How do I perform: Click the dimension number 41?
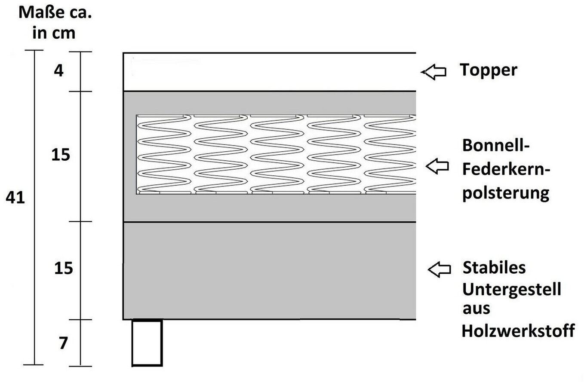click(15, 197)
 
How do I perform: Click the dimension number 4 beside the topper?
click(58, 70)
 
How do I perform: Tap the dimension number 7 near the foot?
click(63, 343)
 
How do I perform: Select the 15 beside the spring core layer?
click(61, 155)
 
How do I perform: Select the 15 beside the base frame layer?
click(64, 268)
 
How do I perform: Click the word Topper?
click(489, 70)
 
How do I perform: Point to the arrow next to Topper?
click(434, 72)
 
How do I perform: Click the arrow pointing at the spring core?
click(437, 166)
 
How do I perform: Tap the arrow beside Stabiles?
click(440, 269)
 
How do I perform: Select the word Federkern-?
click(506, 169)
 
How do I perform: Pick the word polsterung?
click(506, 194)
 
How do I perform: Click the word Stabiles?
click(494, 268)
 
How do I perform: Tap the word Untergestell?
click(511, 290)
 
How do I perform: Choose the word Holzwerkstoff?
click(518, 331)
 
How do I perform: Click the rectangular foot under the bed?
click(147, 343)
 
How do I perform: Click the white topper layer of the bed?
click(270, 72)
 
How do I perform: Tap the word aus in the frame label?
click(476, 309)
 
